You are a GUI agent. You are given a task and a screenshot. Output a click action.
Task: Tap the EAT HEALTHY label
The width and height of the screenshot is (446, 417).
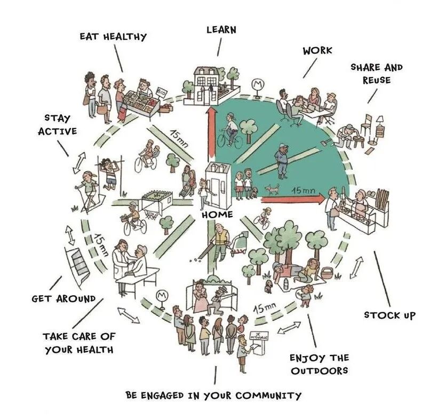113,37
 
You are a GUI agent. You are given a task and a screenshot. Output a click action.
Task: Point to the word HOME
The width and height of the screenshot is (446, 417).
218,215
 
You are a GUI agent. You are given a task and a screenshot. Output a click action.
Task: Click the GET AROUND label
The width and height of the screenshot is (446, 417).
63,298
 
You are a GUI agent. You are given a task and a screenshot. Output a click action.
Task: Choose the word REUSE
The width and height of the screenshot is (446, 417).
377,80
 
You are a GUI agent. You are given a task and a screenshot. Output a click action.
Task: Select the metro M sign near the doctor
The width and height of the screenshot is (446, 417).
160,296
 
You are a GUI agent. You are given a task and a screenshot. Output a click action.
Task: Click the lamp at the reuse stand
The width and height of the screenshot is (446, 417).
380,122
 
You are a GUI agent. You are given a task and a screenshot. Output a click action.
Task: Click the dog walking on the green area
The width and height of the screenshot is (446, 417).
272,188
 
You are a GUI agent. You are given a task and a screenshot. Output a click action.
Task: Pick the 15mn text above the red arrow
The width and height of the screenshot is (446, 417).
302,191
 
